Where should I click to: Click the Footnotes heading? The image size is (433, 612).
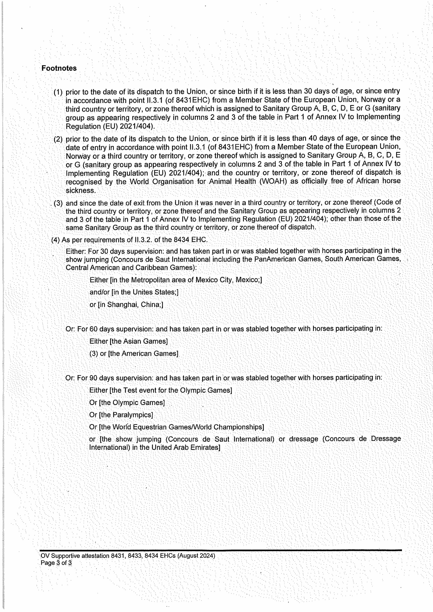point(59,68)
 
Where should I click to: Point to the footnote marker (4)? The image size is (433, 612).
point(55,240)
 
